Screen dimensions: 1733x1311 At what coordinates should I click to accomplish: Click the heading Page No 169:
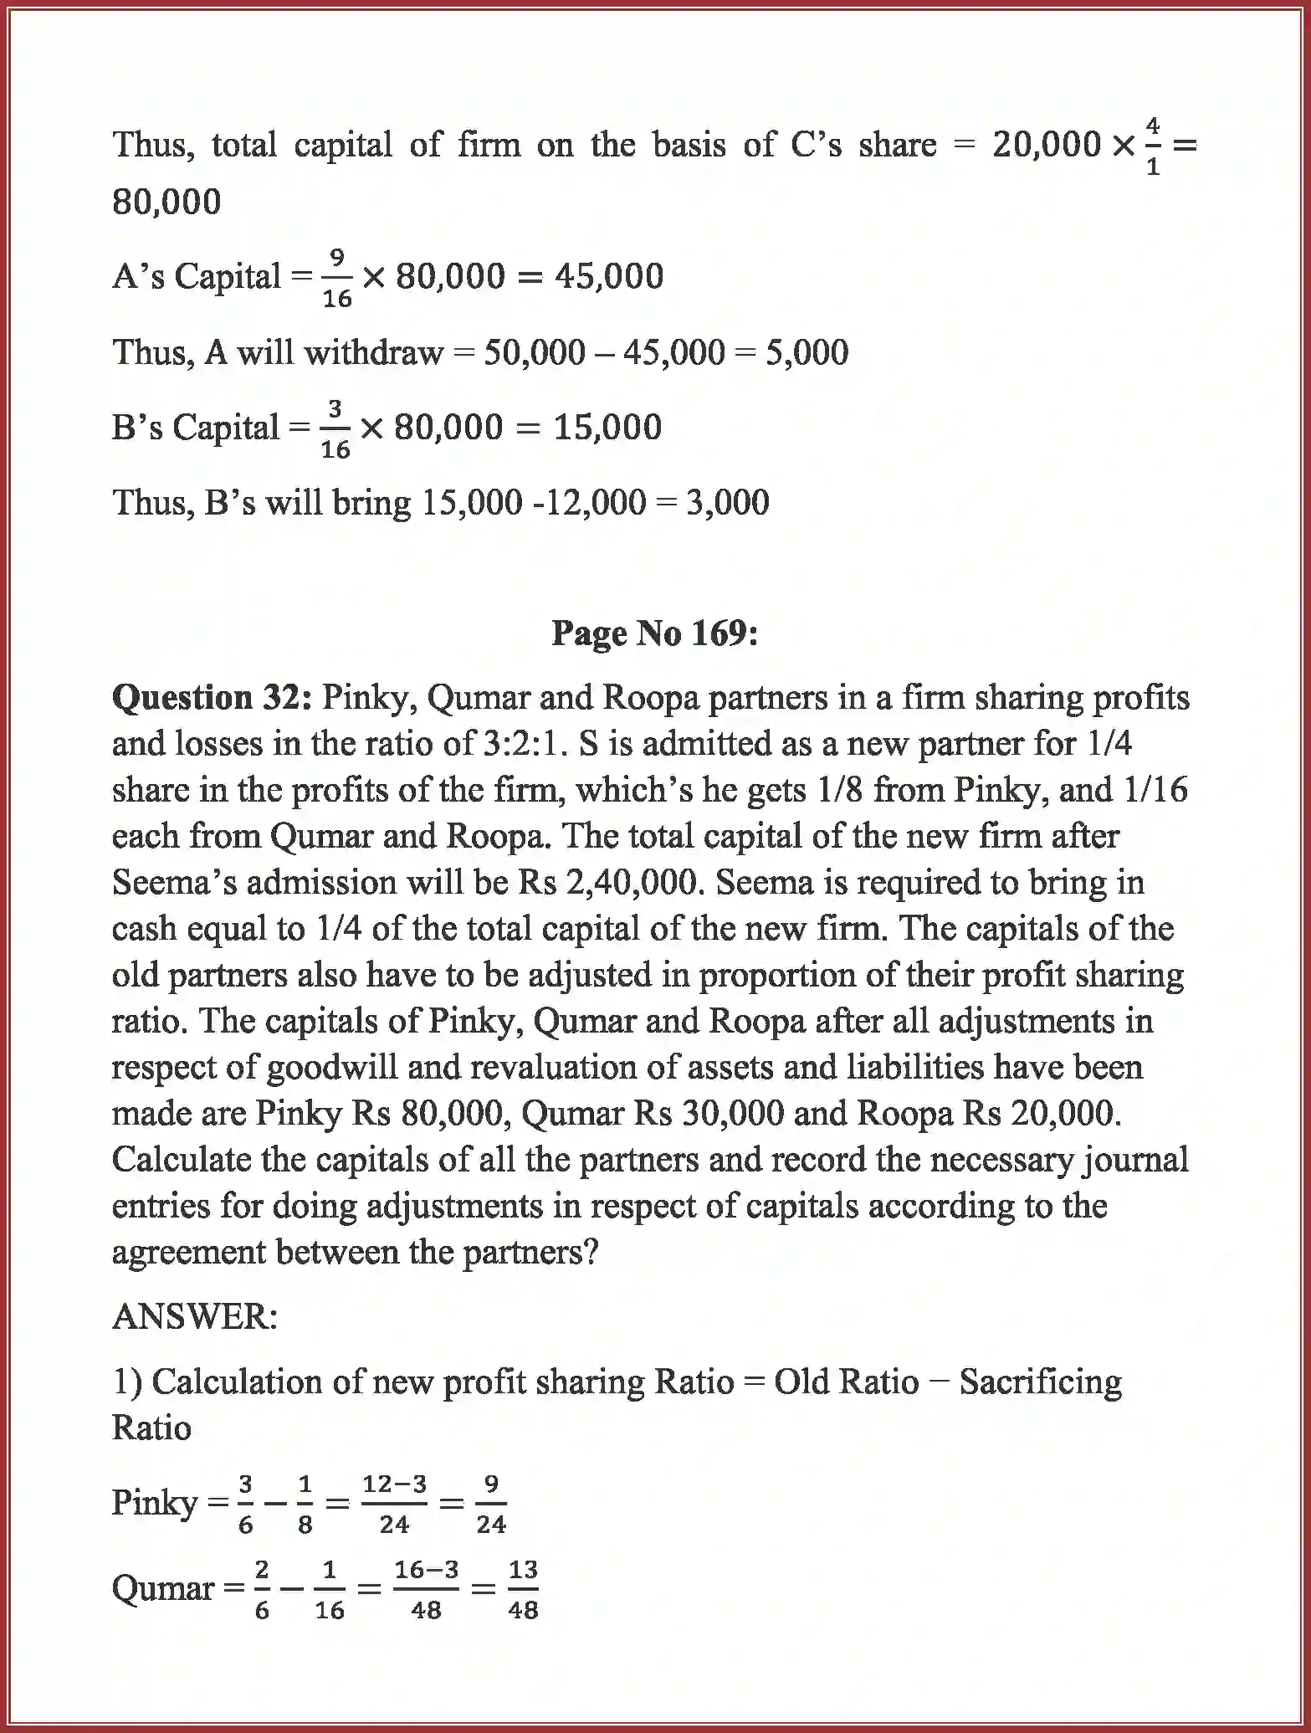click(x=654, y=633)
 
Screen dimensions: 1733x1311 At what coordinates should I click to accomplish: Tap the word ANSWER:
click(x=194, y=1317)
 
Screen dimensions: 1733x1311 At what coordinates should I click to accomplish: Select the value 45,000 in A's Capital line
click(x=609, y=276)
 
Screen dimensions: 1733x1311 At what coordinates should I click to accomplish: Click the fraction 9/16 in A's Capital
click(x=337, y=277)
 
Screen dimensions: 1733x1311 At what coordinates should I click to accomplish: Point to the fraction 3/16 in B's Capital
click(x=335, y=428)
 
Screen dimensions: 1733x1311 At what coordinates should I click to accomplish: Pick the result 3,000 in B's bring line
click(x=727, y=503)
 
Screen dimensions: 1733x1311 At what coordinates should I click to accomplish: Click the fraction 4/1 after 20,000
click(x=1153, y=146)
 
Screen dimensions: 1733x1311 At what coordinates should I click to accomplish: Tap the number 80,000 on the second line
click(x=166, y=202)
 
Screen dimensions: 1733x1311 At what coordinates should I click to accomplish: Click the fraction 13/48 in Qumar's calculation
click(x=523, y=1589)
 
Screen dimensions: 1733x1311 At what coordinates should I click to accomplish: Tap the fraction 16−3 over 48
click(x=426, y=1589)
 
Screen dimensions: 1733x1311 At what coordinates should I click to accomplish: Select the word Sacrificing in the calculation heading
click(x=1040, y=1382)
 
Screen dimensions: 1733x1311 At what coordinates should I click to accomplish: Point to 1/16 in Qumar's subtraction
click(x=329, y=1589)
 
